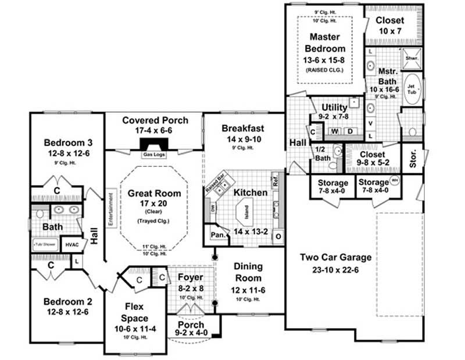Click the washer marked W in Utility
click(335, 131)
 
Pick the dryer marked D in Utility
click(350, 131)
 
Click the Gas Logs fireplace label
click(154, 154)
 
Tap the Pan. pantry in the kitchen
click(218, 236)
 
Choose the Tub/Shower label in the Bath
click(46, 245)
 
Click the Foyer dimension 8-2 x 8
click(190, 288)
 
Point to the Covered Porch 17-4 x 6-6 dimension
click(155, 131)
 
